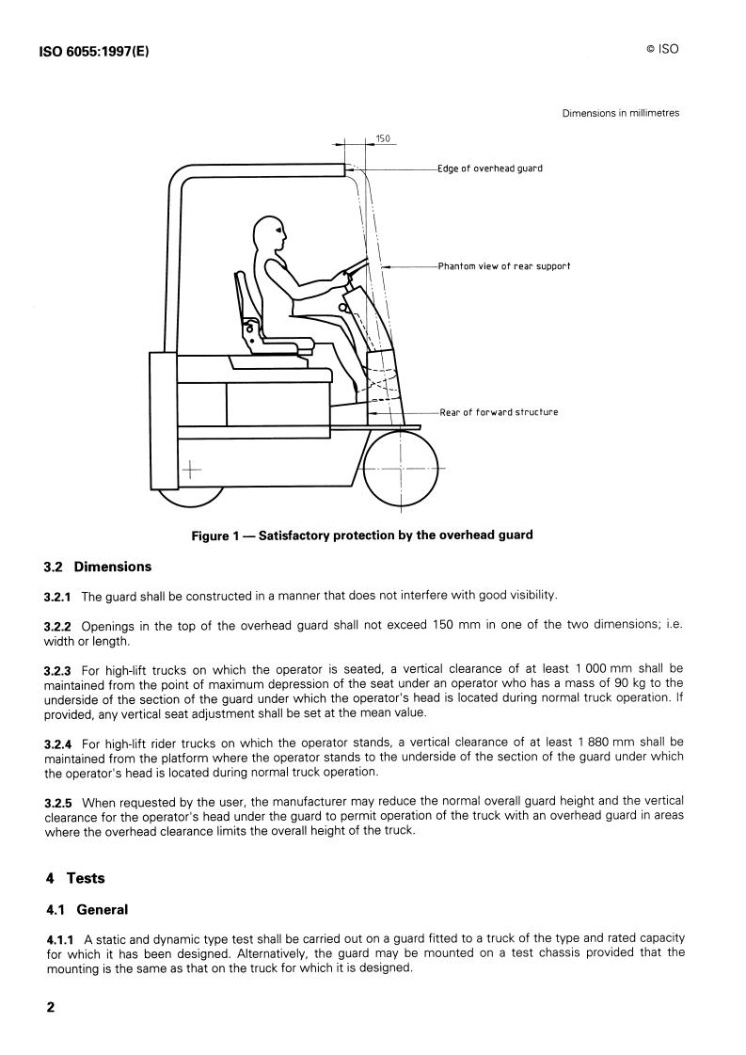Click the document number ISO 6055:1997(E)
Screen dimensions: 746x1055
[x=95, y=51]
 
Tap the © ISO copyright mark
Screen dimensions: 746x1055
[x=662, y=49]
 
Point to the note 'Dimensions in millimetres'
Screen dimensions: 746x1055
[x=620, y=113]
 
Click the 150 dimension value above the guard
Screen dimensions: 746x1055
[x=382, y=138]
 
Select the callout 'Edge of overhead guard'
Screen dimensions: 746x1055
[x=490, y=168]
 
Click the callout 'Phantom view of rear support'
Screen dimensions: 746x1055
[x=504, y=265]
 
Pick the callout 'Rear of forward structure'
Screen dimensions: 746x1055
[x=499, y=412]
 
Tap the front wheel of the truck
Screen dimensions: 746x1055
[x=400, y=467]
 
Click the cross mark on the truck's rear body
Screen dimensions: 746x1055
[x=191, y=469]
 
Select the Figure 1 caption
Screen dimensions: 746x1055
[x=362, y=535]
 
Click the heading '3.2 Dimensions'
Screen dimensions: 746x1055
[x=98, y=567]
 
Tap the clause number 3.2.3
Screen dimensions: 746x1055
[x=57, y=670]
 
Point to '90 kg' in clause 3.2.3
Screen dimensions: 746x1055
[x=629, y=683]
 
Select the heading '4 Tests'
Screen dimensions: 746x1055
[x=75, y=878]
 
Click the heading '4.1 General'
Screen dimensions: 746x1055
[x=87, y=910]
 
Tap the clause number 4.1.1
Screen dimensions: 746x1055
[x=60, y=938]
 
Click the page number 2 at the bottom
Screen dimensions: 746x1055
[x=51, y=1007]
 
